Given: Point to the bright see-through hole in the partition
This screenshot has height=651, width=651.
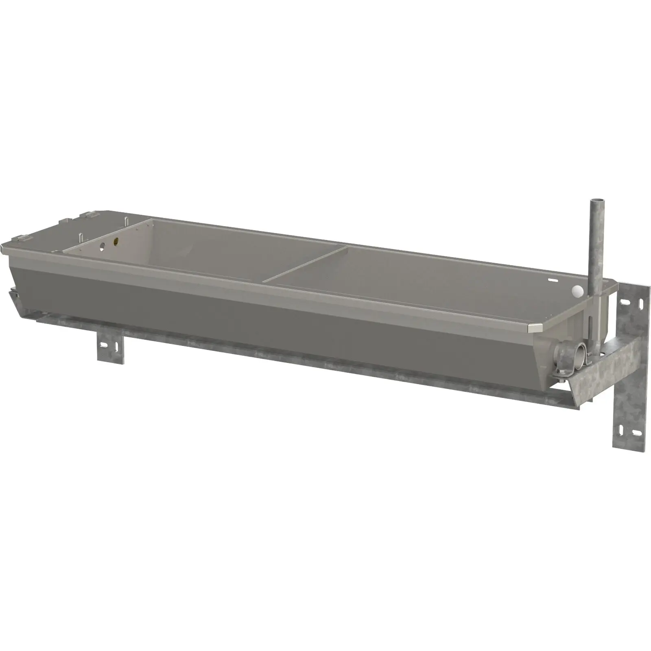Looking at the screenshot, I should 103,246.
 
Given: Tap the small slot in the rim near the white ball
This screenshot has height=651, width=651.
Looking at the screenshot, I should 552,280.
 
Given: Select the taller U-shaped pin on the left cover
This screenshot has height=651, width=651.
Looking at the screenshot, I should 127,223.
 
